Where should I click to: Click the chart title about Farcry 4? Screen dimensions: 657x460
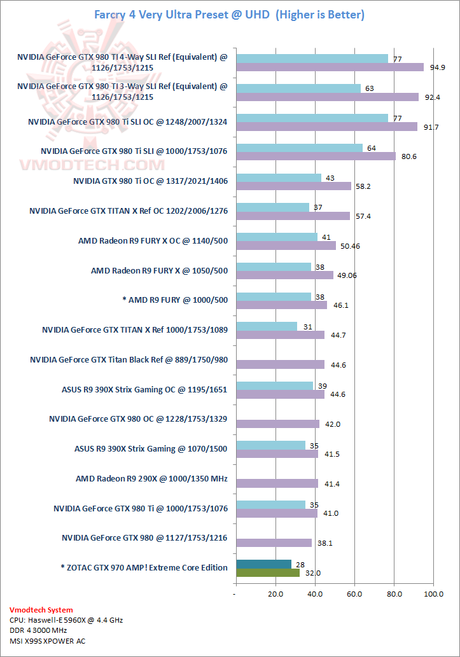(x=230, y=14)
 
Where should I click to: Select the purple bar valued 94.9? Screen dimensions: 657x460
(x=330, y=67)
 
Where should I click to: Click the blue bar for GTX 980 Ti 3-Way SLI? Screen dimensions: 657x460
(x=298, y=88)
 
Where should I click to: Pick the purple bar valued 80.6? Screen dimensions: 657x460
(x=316, y=156)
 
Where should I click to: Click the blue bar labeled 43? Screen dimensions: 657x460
(x=279, y=177)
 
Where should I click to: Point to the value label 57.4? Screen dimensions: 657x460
(x=363, y=216)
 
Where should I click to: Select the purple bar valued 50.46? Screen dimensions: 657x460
(x=286, y=246)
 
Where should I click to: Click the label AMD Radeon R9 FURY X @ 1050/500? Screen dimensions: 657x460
(x=159, y=271)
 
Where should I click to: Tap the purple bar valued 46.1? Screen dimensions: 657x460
(x=281, y=305)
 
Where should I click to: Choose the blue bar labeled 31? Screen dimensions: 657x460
(x=267, y=326)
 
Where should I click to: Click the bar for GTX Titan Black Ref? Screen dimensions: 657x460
(x=280, y=364)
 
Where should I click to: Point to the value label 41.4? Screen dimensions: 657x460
(x=331, y=484)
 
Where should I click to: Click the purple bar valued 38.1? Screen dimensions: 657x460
(x=274, y=543)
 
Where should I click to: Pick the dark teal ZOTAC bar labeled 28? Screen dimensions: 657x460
(x=263, y=564)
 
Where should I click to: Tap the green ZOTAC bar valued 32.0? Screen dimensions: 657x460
(x=267, y=572)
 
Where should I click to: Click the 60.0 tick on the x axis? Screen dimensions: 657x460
(x=354, y=594)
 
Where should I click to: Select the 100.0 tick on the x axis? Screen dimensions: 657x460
(x=434, y=594)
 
